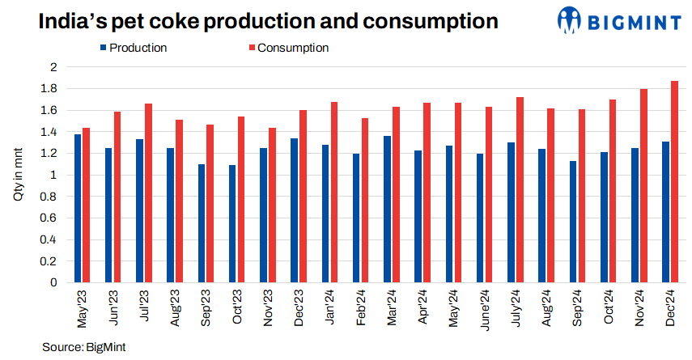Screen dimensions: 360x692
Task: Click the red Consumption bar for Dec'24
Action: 675,182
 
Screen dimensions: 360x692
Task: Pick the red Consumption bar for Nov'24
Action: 644,186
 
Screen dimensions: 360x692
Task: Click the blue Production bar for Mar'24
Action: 387,210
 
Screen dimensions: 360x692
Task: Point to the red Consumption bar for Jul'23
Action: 149,193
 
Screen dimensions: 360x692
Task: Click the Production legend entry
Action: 133,48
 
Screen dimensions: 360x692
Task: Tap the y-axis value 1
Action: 54,175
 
